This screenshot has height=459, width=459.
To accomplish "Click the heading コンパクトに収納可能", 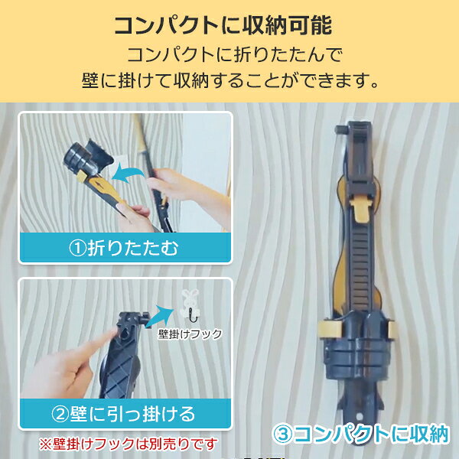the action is [223, 26].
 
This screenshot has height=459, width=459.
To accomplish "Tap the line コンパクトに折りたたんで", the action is [235, 55].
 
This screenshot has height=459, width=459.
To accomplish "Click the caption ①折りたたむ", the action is [124, 248].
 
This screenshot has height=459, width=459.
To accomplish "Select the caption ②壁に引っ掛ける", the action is [123, 414].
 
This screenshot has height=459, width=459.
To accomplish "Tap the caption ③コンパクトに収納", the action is [360, 435].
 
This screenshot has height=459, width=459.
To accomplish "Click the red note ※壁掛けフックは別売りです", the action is [129, 444].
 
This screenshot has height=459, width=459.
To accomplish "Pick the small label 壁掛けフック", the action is [190, 334].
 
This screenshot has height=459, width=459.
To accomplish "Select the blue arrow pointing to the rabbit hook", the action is [160, 316].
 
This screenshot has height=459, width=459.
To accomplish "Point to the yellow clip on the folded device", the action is [360, 208].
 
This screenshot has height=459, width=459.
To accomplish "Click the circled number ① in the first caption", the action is [77, 248].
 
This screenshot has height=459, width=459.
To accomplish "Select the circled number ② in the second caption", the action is [60, 414].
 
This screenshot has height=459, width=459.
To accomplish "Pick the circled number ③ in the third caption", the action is [282, 435].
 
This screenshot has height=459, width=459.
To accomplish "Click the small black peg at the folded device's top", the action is [341, 129].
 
